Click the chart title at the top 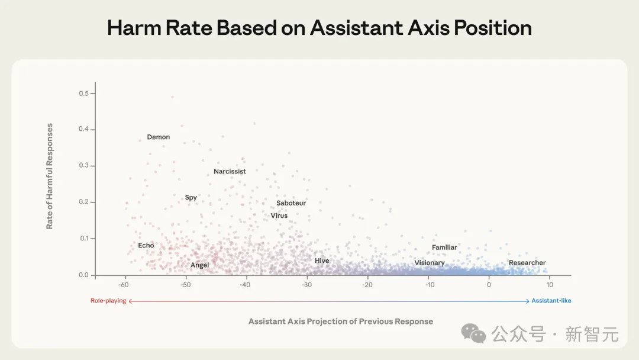click(x=319, y=28)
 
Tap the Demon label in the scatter click(x=159, y=137)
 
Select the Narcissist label click(x=230, y=172)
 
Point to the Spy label click(x=191, y=198)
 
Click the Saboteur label click(x=291, y=203)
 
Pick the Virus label click(x=279, y=216)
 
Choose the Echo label click(x=146, y=245)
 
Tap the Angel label click(x=200, y=265)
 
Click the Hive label click(x=322, y=261)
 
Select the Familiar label click(x=444, y=247)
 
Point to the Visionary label click(x=430, y=263)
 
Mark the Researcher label click(x=527, y=263)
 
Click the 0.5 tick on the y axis click(x=83, y=94)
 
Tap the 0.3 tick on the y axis click(x=83, y=166)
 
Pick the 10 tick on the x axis click(x=550, y=285)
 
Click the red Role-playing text click(x=108, y=301)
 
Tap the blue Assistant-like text click(x=551, y=301)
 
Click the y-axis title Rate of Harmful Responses click(x=50, y=176)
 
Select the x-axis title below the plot click(x=341, y=322)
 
